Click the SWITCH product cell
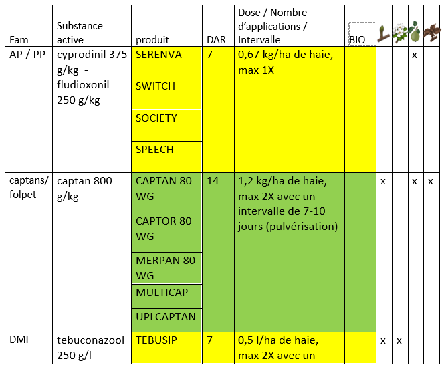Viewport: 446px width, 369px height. tap(166, 94)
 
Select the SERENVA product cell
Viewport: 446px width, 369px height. tap(166, 62)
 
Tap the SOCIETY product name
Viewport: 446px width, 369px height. tap(156, 118)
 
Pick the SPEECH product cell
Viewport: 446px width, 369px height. tap(166, 157)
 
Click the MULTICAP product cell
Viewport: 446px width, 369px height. tap(166, 296)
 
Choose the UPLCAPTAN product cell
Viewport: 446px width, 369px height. tap(166, 320)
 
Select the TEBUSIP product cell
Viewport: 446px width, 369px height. tap(166, 348)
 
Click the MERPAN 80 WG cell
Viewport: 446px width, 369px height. tap(166, 268)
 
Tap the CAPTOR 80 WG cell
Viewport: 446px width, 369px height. tap(166, 233)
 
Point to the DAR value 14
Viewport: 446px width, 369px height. tap(213, 181)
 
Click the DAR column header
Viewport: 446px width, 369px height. tap(216, 40)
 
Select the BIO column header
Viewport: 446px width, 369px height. tap(357, 40)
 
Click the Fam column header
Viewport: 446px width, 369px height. tap(19, 40)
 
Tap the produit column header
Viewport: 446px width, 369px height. tap(152, 40)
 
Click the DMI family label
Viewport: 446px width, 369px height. tap(19, 340)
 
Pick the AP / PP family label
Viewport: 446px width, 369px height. tap(27, 54)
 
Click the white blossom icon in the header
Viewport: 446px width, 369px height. tap(400, 33)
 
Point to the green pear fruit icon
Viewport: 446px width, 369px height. tap(415, 32)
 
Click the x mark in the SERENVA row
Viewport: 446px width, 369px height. tap(415, 55)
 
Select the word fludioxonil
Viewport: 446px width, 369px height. tap(83, 85)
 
